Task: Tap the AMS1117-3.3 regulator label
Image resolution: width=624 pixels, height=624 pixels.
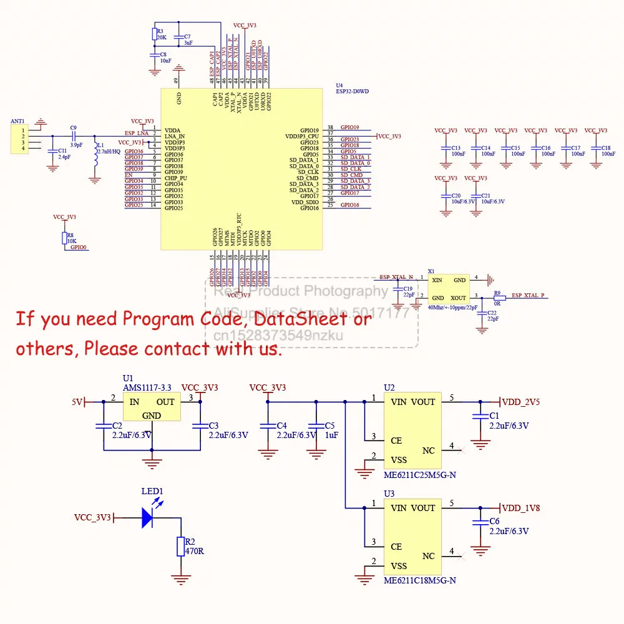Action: point(147,388)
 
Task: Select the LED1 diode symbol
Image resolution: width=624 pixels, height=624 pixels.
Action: point(147,517)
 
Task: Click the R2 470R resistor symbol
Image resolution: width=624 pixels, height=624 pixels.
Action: point(180,546)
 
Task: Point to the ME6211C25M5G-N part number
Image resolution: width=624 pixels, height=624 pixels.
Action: point(420,475)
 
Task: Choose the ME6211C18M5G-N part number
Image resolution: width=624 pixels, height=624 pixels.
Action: point(420,580)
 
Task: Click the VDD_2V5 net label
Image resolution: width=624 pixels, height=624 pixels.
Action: point(521,402)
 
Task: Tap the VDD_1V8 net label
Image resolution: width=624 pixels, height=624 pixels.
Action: point(521,508)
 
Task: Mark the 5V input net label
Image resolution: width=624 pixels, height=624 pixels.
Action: point(77,402)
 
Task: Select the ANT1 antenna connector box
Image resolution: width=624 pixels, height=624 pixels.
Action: point(19,139)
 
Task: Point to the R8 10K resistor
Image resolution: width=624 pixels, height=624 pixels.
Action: point(64,238)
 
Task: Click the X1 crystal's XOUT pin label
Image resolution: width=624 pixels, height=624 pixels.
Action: point(458,298)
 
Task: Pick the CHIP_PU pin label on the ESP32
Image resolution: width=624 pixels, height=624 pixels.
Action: point(176,178)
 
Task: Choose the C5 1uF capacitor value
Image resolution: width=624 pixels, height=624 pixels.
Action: point(331,435)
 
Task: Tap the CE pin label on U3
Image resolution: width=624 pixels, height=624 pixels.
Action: point(396,547)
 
